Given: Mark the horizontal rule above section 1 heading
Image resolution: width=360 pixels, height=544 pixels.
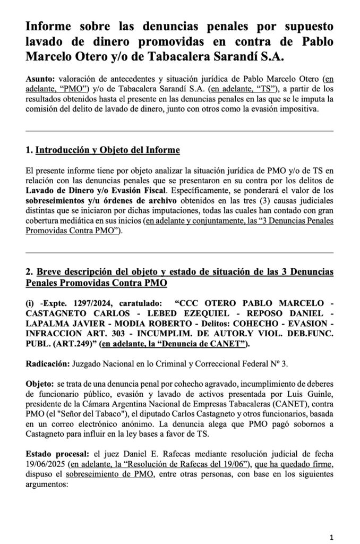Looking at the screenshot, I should (179, 131).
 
